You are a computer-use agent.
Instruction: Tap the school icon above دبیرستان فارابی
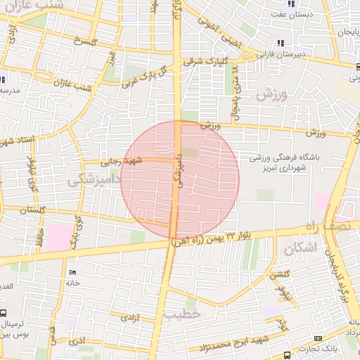pos(281,43)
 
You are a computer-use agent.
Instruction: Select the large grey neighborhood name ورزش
pos(272,95)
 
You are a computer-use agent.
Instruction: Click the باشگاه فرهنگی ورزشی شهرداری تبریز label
pos(288,164)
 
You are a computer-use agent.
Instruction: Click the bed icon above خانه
pos(72,272)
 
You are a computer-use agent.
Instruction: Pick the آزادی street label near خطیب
pos(131,318)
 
